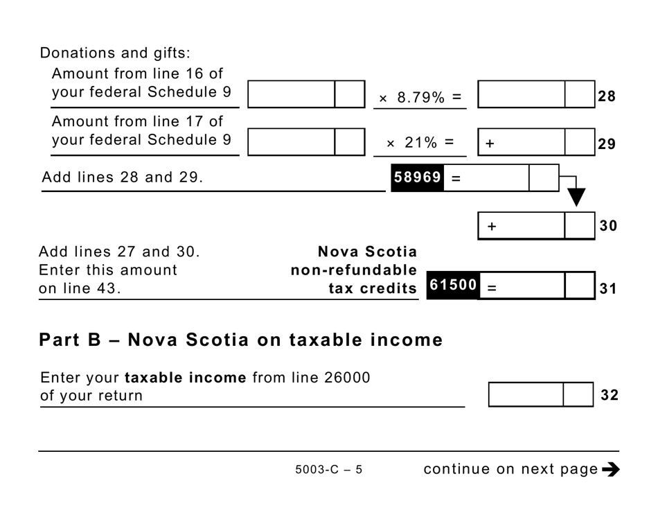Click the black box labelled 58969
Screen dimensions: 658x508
click(417, 177)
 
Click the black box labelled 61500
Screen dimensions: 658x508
click(453, 285)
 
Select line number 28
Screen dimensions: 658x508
click(607, 96)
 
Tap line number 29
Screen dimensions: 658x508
click(607, 144)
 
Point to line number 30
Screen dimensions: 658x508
click(607, 226)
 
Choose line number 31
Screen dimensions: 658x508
click(607, 288)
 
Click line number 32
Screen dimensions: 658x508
click(609, 395)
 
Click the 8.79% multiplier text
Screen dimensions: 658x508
click(420, 98)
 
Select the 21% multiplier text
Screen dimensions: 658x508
click(420, 143)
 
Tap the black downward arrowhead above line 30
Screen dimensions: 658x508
click(576, 197)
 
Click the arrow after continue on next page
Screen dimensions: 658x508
click(610, 469)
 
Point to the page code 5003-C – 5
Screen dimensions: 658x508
click(328, 470)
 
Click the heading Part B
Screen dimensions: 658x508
click(240, 340)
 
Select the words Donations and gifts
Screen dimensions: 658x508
click(115, 53)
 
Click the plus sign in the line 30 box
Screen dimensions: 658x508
click(492, 226)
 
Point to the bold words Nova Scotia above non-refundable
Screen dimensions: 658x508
click(367, 252)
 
